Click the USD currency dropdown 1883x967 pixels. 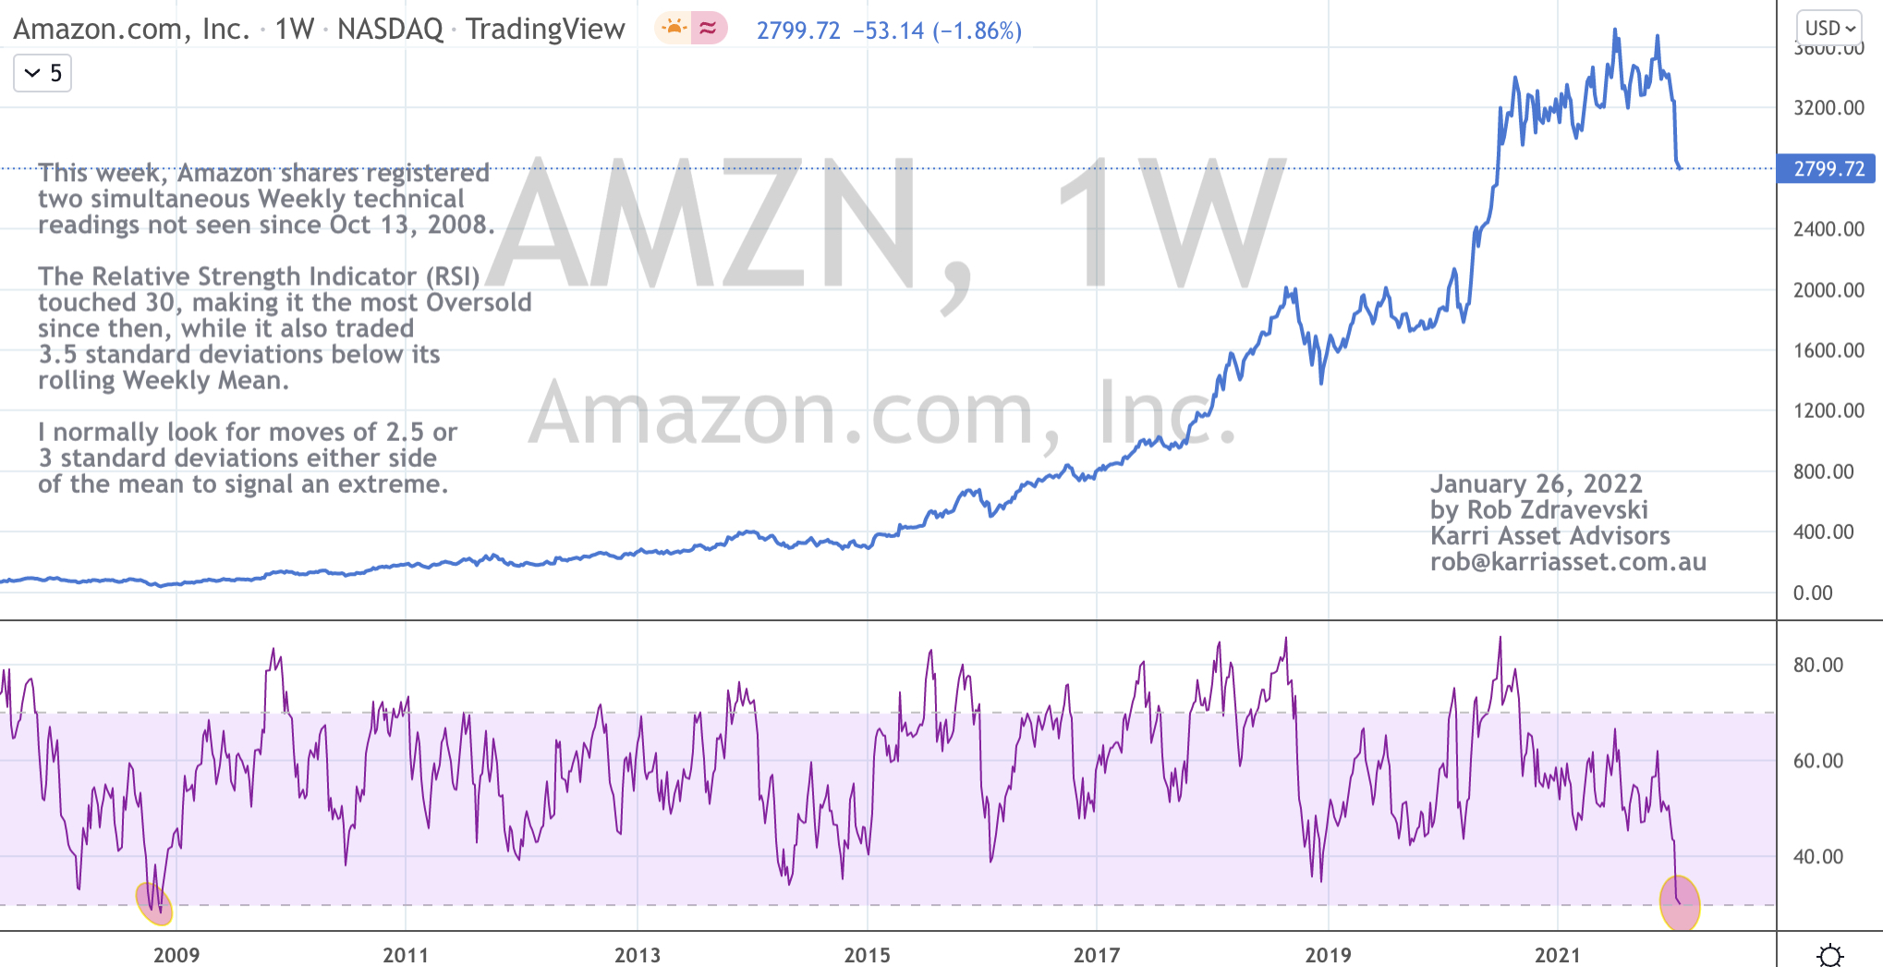[1829, 28]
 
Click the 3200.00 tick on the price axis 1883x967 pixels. [1828, 108]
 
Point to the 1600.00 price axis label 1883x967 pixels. [1828, 350]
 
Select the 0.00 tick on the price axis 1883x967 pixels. [1813, 594]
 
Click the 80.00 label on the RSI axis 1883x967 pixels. [1817, 666]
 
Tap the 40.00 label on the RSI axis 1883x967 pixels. [1817, 857]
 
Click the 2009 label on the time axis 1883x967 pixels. [176, 955]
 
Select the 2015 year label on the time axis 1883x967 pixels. [867, 955]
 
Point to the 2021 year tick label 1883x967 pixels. [1557, 955]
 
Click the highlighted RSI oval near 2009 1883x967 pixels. [154, 903]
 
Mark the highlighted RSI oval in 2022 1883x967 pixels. [1680, 902]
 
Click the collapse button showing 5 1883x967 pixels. [43, 73]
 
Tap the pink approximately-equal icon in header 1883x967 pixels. [709, 29]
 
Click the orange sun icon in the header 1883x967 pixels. [674, 29]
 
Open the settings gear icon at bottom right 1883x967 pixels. [1829, 955]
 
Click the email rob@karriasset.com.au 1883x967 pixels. [1568, 562]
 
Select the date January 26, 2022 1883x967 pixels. [1536, 484]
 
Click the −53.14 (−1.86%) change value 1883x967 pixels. [936, 31]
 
